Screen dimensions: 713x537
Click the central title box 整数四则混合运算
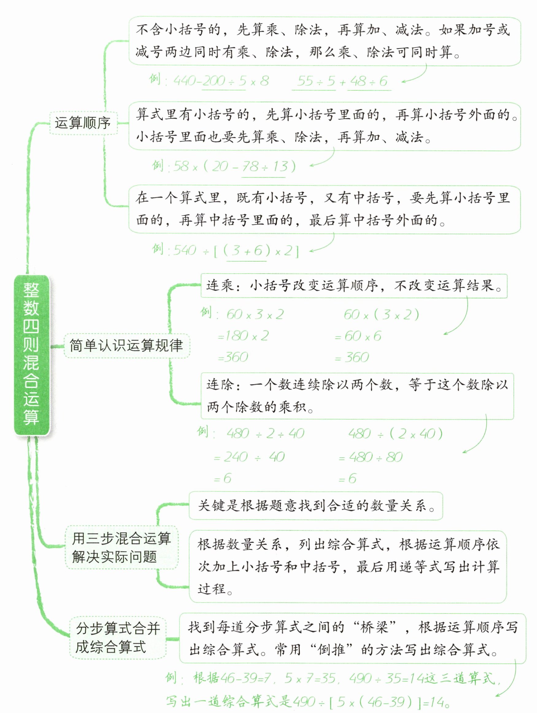click(31, 355)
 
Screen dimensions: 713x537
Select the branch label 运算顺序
click(83, 123)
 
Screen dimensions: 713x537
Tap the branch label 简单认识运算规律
click(126, 345)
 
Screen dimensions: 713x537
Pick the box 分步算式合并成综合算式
click(118, 638)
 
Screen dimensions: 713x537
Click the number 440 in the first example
click(185, 81)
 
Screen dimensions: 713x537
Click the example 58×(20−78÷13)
click(234, 167)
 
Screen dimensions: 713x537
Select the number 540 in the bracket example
click(185, 251)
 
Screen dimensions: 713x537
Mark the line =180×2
click(243, 336)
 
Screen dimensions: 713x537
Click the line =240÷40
click(249, 457)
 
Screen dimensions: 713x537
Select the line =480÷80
click(370, 457)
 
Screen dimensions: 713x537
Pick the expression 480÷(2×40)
click(395, 434)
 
